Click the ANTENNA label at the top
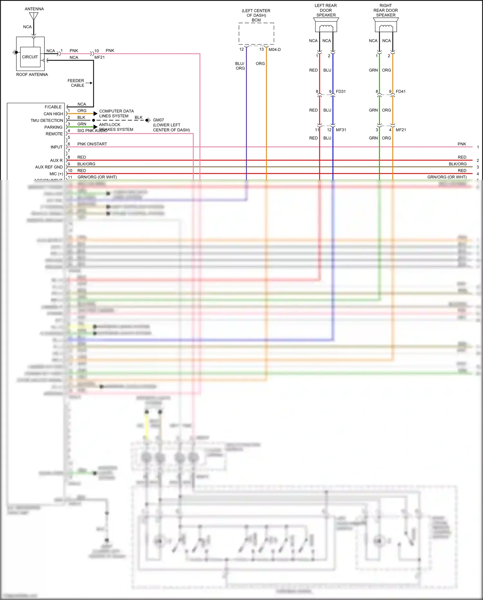coord(34,9)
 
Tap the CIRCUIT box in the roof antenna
coord(30,57)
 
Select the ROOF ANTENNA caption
coord(32,74)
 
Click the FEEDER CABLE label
coord(76,83)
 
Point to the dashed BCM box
coord(256,34)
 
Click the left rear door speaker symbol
coord(326,25)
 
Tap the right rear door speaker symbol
coord(386,25)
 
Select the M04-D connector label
coord(275,50)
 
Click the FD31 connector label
coord(341,92)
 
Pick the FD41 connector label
coord(401,92)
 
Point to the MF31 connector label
coord(341,130)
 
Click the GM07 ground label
coord(158,120)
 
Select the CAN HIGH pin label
coord(53,114)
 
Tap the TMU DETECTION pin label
coord(47,121)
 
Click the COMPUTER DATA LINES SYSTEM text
coord(116,113)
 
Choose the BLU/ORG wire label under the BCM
coord(240,66)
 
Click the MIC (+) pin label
coord(56,174)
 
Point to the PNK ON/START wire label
coord(92,144)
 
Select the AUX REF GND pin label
coord(49,167)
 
